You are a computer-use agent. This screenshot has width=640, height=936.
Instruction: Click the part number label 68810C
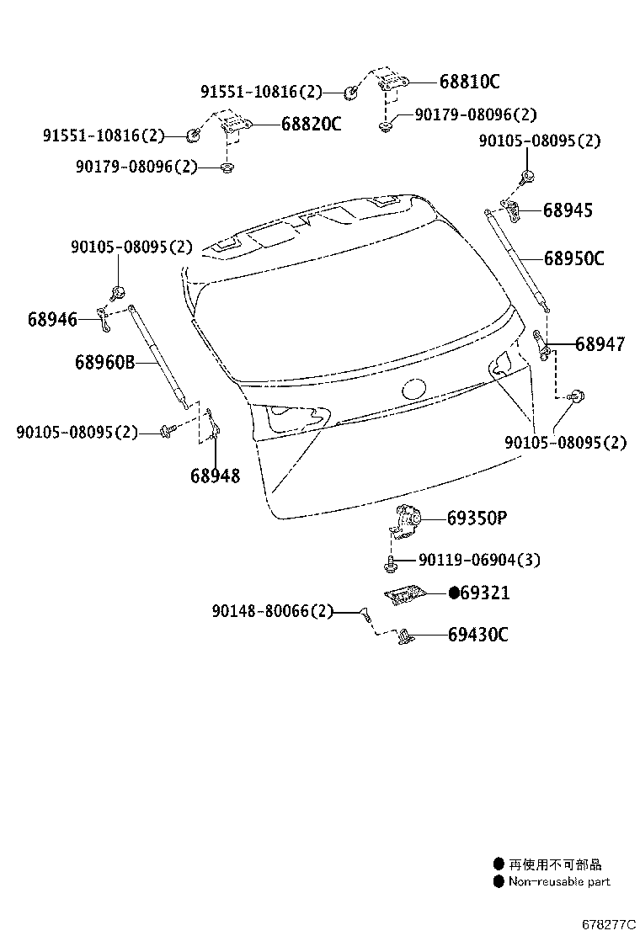point(469,81)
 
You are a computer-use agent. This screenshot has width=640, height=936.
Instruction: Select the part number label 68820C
point(311,124)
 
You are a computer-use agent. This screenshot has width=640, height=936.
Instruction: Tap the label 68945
point(568,210)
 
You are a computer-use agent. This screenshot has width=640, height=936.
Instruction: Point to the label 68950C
point(573,258)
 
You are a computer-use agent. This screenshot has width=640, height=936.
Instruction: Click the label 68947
point(600,343)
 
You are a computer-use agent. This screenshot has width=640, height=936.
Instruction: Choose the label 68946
point(52,319)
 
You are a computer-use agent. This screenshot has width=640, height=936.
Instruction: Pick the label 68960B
point(105,362)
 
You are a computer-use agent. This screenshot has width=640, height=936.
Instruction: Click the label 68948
point(215,476)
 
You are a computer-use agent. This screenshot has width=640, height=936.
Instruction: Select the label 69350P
point(477,519)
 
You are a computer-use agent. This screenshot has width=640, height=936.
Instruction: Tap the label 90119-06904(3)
point(479,560)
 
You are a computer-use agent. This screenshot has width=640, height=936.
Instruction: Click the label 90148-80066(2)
point(272,610)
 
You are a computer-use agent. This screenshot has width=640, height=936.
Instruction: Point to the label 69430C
point(477,634)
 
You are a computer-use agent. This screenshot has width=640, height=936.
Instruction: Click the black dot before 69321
point(454,593)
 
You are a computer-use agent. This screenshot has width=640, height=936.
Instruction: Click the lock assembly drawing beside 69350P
point(406,521)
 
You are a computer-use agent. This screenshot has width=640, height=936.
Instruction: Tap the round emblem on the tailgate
point(414,389)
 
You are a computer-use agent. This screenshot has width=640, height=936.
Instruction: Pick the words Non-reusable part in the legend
point(559,881)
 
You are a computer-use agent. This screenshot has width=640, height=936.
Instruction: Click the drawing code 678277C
point(610,924)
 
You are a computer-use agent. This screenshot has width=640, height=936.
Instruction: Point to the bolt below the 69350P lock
point(390,563)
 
